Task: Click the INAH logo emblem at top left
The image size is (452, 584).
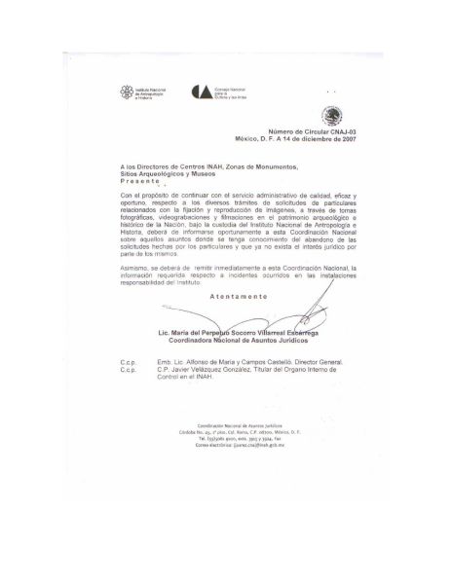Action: coord(123,92)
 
